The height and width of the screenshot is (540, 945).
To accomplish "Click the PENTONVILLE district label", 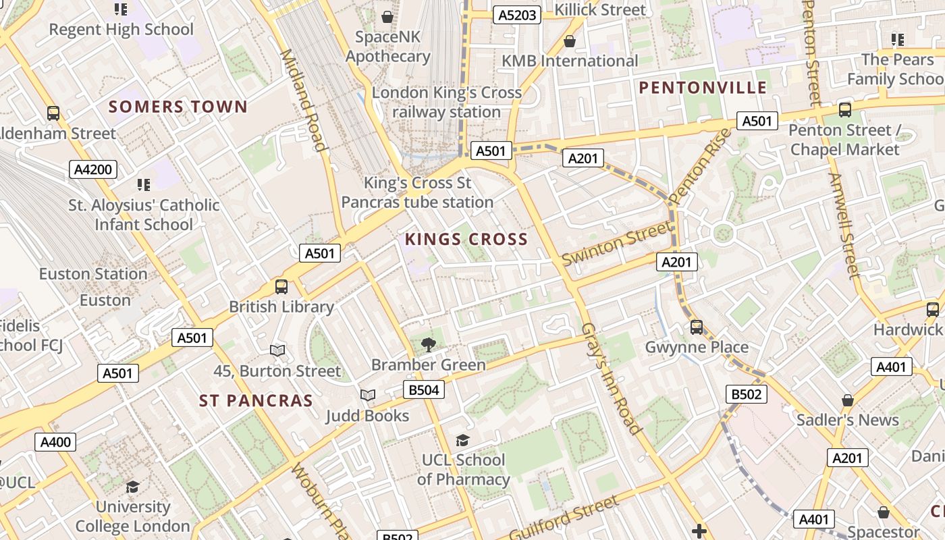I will [703, 88].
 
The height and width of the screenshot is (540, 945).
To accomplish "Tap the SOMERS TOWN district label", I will [178, 107].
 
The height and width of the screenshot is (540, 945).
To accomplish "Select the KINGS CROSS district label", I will [466, 239].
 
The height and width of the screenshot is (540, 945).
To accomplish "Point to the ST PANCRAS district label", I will [256, 401].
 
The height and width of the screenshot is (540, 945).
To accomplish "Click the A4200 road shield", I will [93, 169].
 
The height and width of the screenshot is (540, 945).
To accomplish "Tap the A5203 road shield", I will [517, 15].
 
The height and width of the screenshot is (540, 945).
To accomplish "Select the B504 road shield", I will [424, 389].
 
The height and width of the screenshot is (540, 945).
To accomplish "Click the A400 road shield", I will [55, 442].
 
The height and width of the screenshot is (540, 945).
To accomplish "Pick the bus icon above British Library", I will [281, 287].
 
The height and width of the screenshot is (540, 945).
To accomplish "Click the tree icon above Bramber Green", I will [428, 345].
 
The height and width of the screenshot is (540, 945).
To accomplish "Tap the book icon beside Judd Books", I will [368, 395].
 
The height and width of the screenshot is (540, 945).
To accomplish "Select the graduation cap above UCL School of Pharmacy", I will [462, 440].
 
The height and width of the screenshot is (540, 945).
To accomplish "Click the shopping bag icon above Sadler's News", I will [848, 400].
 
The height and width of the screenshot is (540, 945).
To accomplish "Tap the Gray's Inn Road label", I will [610, 378].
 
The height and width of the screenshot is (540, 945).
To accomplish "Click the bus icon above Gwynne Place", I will [697, 327].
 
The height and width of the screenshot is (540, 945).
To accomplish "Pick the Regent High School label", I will [122, 30].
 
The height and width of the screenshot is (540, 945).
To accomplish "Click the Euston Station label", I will [93, 274].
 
